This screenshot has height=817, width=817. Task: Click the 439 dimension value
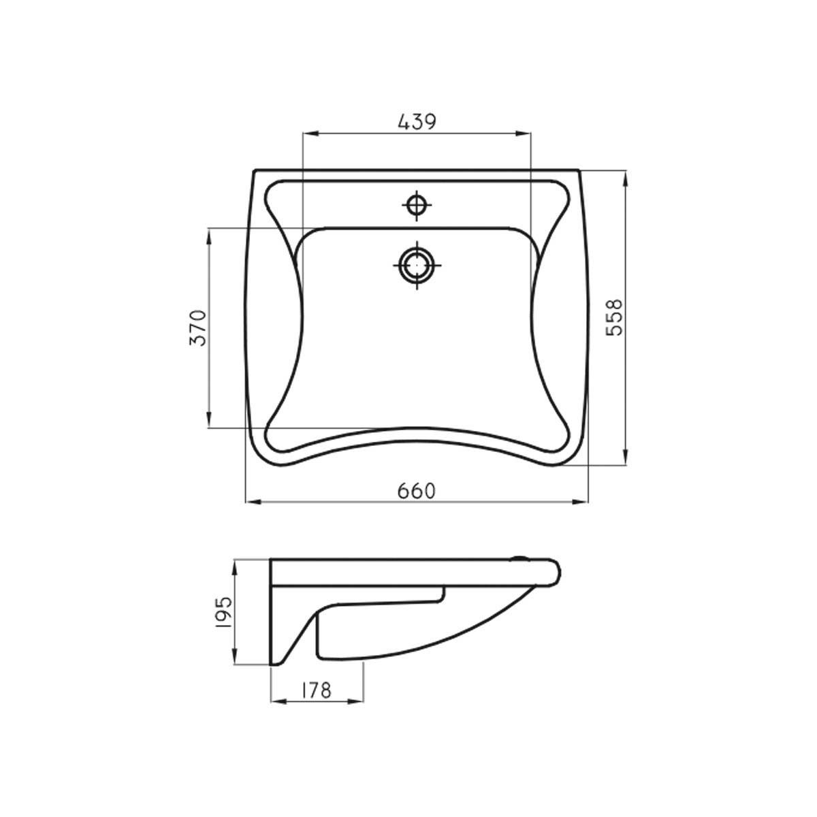(417, 122)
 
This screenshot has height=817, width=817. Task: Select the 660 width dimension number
(417, 492)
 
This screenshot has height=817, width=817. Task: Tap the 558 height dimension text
(614, 317)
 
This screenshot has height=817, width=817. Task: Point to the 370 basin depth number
(198, 327)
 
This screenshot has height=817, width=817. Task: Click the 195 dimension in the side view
(224, 612)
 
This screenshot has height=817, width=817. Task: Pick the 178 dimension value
(316, 702)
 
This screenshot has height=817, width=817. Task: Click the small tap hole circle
(417, 206)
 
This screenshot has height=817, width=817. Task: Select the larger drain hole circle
(417, 266)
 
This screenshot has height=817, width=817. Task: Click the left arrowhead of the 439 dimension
(310, 134)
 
